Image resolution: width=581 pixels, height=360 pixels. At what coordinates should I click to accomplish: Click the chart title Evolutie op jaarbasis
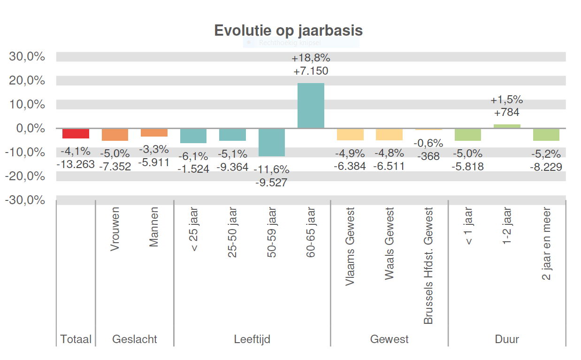[288, 31]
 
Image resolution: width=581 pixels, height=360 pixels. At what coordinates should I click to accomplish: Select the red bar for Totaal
[76, 133]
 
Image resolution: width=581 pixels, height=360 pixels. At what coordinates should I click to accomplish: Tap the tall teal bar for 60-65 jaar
[311, 106]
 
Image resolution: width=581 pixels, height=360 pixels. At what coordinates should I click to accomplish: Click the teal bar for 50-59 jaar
[272, 142]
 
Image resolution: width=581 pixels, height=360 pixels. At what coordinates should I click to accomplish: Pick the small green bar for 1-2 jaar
[507, 126]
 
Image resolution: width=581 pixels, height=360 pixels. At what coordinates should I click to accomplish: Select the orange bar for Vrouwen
[115, 134]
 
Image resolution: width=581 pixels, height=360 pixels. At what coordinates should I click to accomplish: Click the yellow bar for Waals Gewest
[389, 134]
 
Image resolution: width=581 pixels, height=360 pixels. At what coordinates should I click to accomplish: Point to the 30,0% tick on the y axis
[27, 57]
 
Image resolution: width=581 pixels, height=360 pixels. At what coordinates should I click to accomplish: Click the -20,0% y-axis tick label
[25, 176]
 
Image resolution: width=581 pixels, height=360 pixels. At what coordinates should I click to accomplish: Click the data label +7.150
[311, 71]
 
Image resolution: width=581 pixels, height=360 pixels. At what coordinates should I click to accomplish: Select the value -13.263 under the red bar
[76, 164]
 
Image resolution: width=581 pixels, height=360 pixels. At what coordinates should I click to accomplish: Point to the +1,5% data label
[507, 100]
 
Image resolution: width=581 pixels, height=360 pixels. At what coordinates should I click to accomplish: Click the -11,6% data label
[272, 170]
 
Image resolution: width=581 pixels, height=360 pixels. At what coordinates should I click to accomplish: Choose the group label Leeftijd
[252, 339]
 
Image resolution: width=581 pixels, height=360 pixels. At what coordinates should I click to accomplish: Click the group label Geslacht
[135, 339]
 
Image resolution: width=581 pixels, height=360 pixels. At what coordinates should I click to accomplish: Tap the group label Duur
[507, 339]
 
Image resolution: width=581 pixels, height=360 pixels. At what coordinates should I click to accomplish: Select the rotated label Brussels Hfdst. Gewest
[428, 266]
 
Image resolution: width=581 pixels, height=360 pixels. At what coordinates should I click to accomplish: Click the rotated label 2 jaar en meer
[546, 244]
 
